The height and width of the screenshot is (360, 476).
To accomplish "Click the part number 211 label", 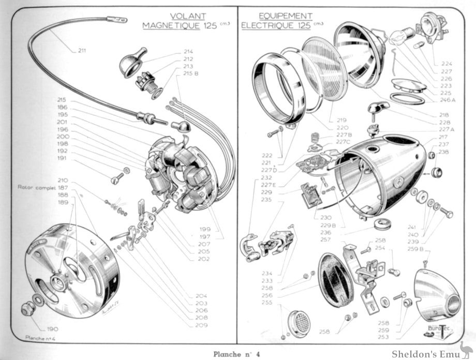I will [82, 50].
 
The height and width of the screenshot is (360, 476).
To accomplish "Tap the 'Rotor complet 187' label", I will [42, 187].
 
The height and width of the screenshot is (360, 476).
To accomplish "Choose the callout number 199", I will [204, 228].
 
